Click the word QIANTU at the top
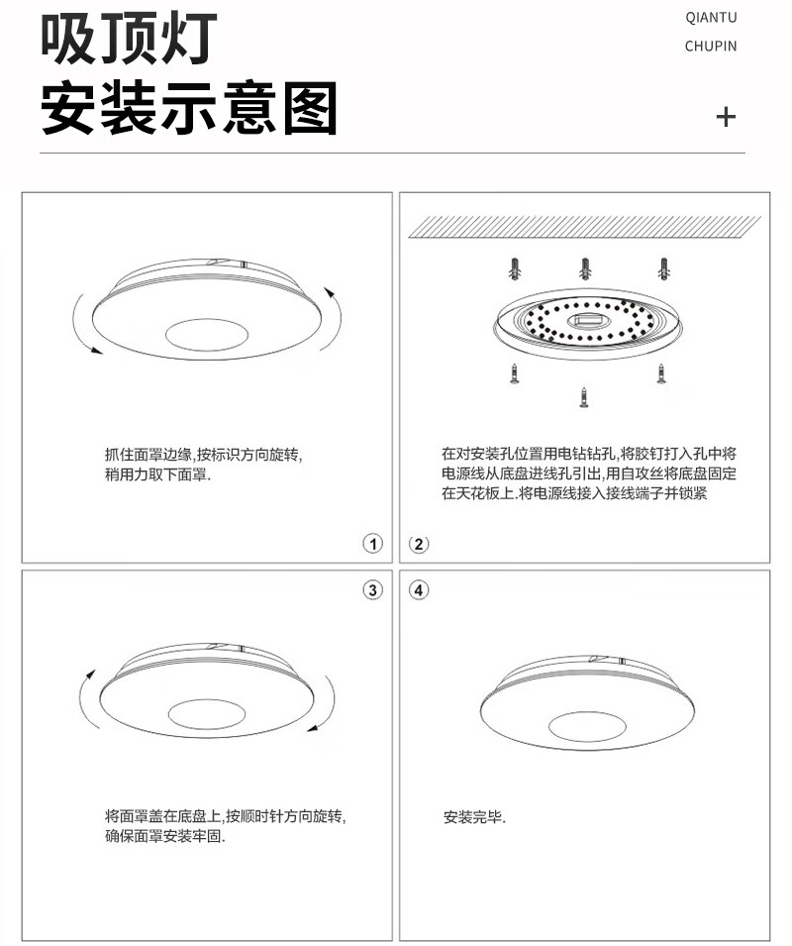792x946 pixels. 711,18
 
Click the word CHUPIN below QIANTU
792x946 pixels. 711,46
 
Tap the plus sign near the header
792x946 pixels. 726,117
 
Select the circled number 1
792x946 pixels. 373,544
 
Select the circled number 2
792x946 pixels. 419,544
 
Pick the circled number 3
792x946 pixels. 373,589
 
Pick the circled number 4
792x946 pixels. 419,589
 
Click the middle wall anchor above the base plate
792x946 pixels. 585,268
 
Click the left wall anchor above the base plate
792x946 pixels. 514,269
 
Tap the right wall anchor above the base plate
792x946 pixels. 664,269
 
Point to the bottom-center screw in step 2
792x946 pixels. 583,397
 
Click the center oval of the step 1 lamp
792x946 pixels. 206,335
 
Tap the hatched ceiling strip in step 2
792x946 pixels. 585,227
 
